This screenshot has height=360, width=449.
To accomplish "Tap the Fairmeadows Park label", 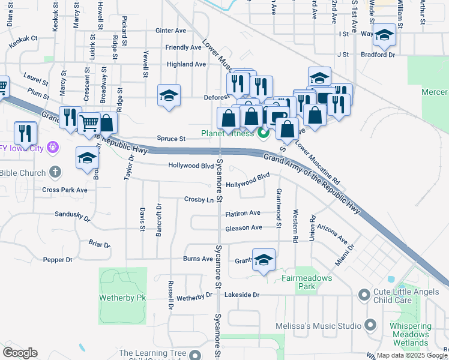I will click(298, 283).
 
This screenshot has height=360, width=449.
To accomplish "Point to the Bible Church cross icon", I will click(55, 173).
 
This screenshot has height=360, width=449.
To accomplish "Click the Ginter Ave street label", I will click(170, 31).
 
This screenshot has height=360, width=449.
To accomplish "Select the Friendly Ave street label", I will click(184, 47).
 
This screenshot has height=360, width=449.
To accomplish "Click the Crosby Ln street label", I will click(199, 199).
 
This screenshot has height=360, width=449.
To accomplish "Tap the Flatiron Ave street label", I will click(243, 213).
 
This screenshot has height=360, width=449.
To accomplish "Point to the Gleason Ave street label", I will click(244, 228).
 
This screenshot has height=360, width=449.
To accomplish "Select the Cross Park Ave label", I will click(65, 190).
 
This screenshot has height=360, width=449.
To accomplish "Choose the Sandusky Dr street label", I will click(72, 214).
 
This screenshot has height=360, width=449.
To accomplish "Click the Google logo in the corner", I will click(20, 352).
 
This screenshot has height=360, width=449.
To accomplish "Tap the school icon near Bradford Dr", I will click(384, 36).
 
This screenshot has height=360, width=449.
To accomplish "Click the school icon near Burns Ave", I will click(264, 260).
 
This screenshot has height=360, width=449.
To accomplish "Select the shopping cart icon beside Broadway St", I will click(89, 123).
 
